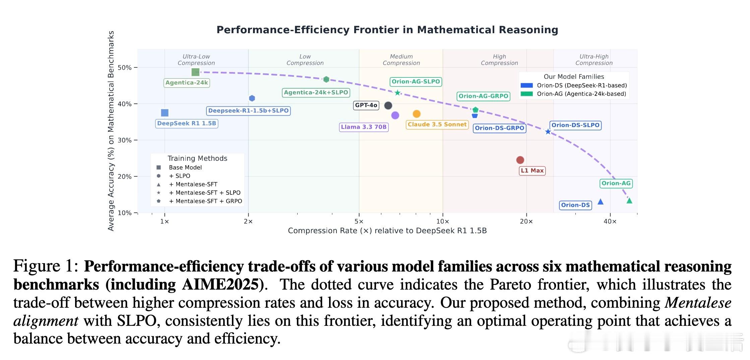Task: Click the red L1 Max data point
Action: [x=520, y=160]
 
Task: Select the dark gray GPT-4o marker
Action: [x=388, y=106]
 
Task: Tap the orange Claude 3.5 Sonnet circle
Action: [x=417, y=114]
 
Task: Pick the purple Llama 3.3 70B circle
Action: [x=395, y=115]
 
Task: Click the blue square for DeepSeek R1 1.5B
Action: [x=165, y=113]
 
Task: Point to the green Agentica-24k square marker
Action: [x=195, y=72]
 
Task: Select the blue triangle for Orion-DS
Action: [x=601, y=202]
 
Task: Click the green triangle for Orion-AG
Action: [x=629, y=201]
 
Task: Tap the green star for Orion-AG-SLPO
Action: [x=397, y=93]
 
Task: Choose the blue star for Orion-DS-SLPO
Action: [x=548, y=132]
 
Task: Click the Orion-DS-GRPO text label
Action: [x=499, y=128]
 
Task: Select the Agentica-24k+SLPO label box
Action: [x=316, y=93]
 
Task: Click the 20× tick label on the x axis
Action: [x=526, y=221]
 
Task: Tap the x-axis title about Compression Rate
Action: [x=387, y=231]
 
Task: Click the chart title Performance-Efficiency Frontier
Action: [x=387, y=30]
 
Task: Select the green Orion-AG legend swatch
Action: [x=526, y=94]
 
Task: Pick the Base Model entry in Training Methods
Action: [x=185, y=167]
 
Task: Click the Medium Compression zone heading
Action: [x=401, y=60]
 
